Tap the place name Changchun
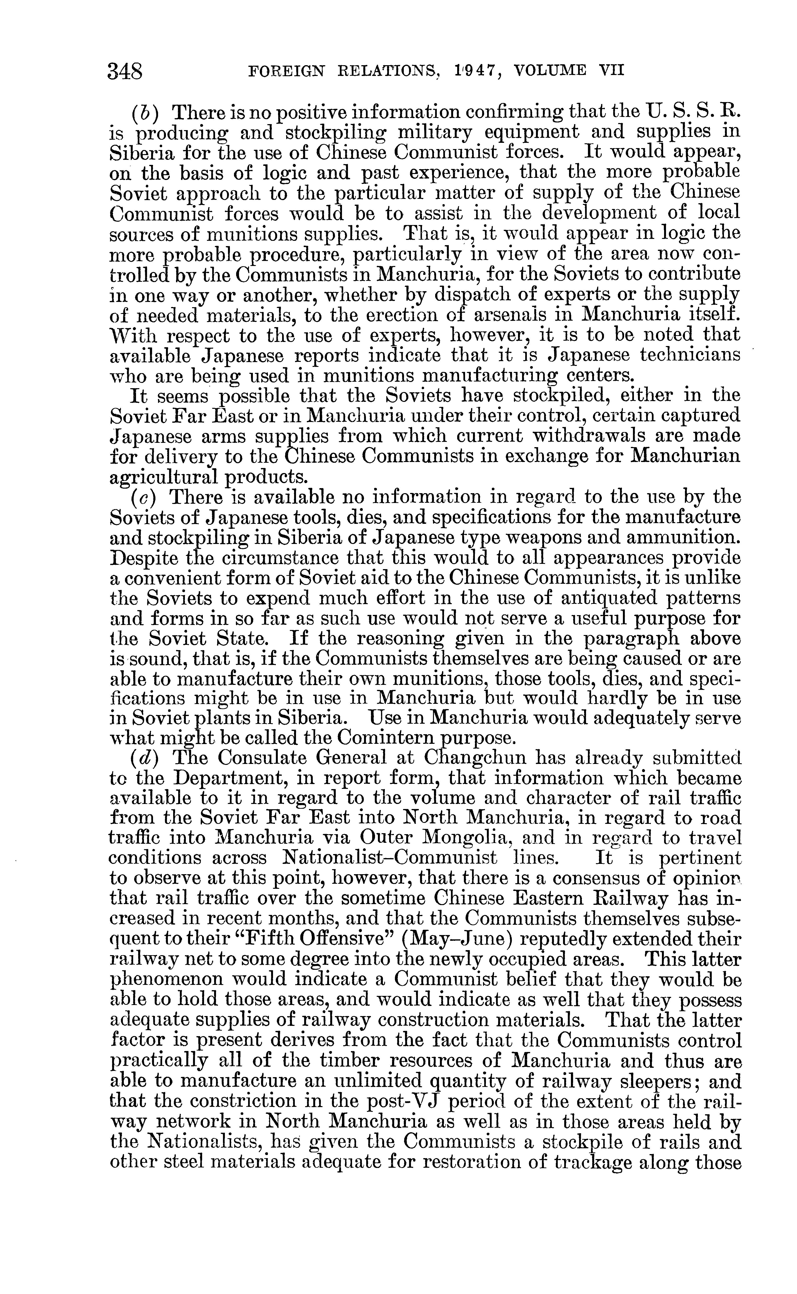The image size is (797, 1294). coord(476,758)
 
